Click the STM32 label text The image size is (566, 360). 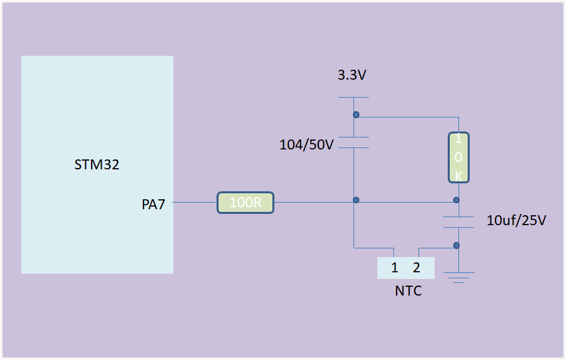point(97,165)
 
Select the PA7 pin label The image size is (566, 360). point(153,204)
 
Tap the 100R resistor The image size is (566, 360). point(246,203)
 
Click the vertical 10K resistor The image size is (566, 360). point(458,157)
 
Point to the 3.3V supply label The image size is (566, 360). point(352,75)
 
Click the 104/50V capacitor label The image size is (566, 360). point(306,145)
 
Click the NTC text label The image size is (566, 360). point(408,291)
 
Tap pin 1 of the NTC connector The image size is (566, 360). point(395,268)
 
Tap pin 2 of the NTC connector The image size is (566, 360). point(417,268)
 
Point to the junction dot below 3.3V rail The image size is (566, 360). point(356,115)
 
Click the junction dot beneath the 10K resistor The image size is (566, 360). point(456,200)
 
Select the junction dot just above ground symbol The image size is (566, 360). point(456,245)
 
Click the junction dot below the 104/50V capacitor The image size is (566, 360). point(356,200)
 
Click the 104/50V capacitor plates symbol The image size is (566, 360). point(353,142)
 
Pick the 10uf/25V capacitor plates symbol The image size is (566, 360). point(457,222)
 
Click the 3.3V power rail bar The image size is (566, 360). point(353,98)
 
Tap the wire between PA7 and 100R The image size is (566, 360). point(195,203)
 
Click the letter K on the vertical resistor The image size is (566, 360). point(458,175)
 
